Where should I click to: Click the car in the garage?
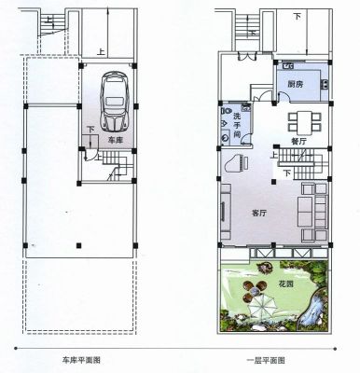click(x=114, y=102)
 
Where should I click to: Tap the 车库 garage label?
click(x=115, y=140)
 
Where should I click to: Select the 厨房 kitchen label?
click(x=296, y=84)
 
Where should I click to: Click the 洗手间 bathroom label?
click(x=237, y=125)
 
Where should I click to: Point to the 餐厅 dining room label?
click(x=298, y=142)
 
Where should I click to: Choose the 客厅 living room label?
click(x=259, y=214)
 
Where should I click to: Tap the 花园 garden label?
click(x=285, y=283)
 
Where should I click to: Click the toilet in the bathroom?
click(x=226, y=111)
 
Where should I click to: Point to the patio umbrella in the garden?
click(x=263, y=305)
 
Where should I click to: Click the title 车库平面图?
click(x=82, y=360)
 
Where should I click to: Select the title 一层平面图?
click(x=266, y=361)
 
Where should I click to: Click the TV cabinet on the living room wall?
click(x=226, y=212)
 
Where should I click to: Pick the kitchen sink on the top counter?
click(x=287, y=65)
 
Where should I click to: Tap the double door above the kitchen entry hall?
click(x=246, y=57)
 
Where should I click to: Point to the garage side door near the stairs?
click(x=90, y=154)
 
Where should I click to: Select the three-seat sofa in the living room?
click(x=305, y=212)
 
